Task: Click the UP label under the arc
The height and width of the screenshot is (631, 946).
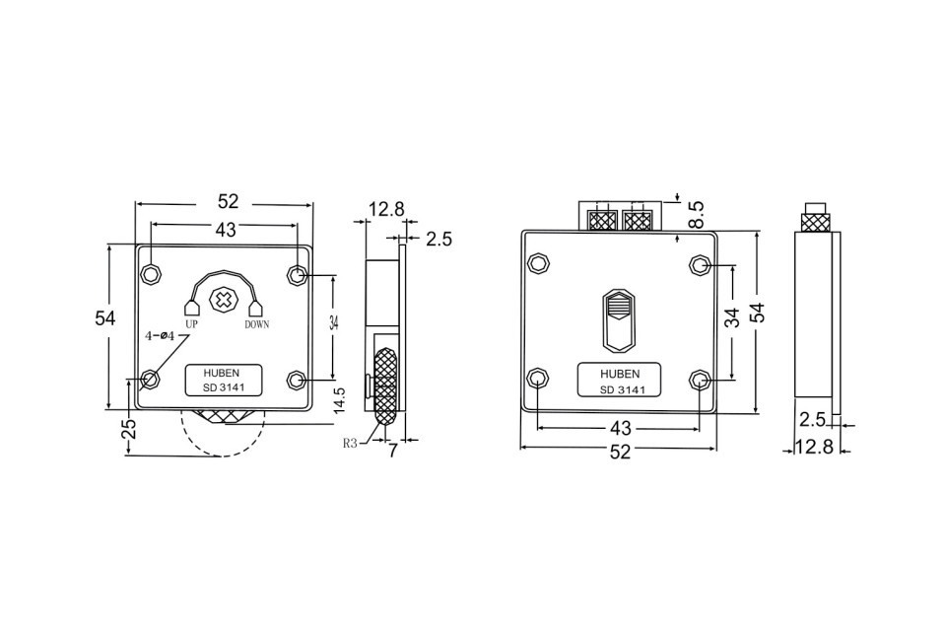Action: tap(192, 324)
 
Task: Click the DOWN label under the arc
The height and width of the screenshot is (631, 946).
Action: tap(256, 324)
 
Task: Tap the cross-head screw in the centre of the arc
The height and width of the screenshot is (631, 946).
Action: tap(226, 299)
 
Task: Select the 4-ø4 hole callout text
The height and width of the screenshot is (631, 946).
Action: tap(160, 336)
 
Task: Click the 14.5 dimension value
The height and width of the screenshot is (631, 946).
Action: tap(339, 399)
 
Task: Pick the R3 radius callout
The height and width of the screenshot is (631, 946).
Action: tap(350, 444)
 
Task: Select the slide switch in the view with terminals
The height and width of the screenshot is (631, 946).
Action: tap(618, 319)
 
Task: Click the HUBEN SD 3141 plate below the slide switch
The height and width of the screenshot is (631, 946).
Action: tap(620, 382)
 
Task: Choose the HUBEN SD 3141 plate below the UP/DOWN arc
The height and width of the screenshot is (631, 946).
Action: tap(225, 381)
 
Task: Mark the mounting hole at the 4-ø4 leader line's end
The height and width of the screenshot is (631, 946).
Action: tap(151, 380)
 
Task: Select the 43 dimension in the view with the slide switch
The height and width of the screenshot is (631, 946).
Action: tap(620, 429)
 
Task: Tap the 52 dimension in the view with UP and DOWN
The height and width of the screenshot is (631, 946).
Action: tap(228, 201)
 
